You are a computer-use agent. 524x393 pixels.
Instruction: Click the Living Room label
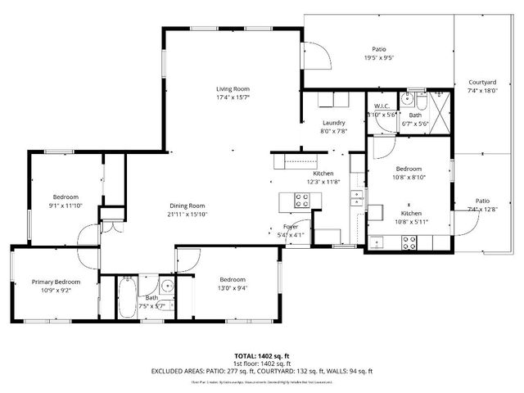233,88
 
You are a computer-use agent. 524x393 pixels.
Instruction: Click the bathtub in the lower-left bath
127,299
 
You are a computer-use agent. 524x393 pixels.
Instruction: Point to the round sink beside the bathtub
166,286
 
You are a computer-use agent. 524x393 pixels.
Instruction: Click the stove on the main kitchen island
301,199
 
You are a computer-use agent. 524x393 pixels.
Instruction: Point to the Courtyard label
481,83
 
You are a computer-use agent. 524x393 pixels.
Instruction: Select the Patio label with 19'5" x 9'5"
379,49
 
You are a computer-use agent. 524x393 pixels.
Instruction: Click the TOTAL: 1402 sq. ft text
261,356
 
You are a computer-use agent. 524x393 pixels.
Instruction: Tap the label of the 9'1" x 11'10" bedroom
65,196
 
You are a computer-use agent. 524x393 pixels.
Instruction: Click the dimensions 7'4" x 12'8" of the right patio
481,210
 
